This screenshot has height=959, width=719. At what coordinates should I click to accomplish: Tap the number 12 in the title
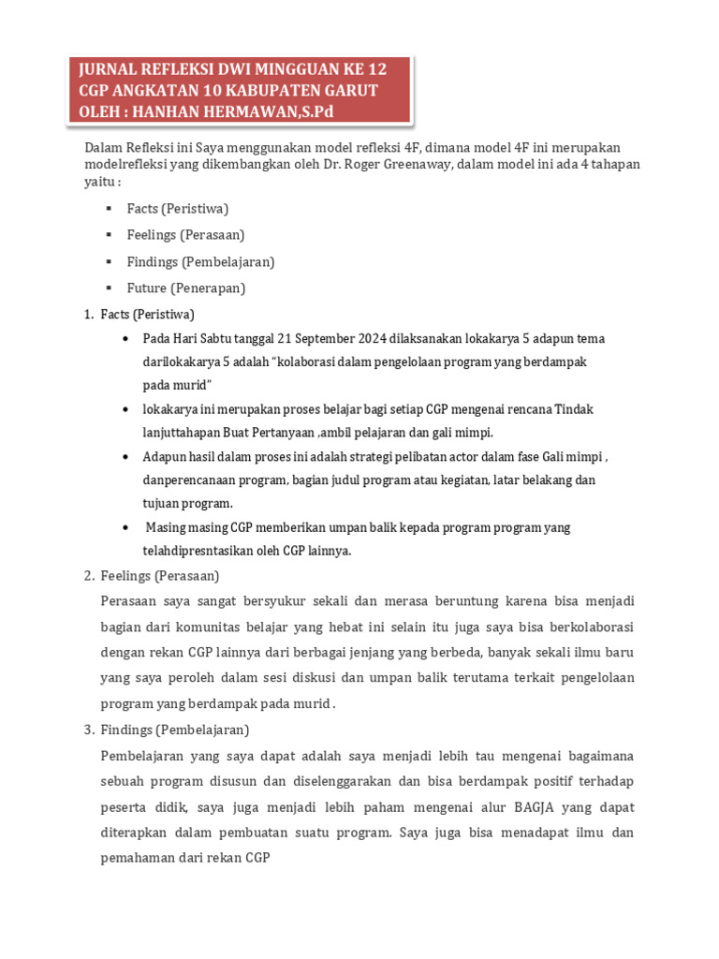374,69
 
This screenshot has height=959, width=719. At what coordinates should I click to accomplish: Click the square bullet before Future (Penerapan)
110,288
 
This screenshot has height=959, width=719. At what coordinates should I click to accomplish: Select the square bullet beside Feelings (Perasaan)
110,235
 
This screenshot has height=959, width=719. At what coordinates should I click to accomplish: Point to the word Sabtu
207,338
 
